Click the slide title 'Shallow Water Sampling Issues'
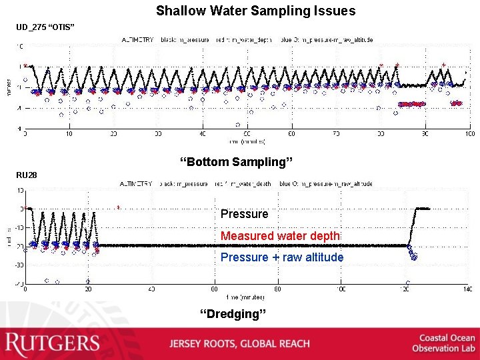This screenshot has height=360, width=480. click(255, 11)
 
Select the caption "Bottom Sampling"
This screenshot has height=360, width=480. click(237, 161)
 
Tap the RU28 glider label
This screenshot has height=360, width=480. click(27, 175)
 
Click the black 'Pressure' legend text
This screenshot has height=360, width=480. click(244, 214)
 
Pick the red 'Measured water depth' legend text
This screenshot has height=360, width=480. click(280, 236)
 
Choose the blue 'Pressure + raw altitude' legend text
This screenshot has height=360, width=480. click(282, 257)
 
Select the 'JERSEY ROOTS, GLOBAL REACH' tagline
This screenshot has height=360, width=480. click(239, 344)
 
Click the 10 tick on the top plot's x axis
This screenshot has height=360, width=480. click(69, 134)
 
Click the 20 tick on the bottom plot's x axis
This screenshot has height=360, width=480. click(88, 289)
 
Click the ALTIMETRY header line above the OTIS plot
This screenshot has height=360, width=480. click(247, 40)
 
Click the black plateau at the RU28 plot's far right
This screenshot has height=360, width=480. click(423, 209)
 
